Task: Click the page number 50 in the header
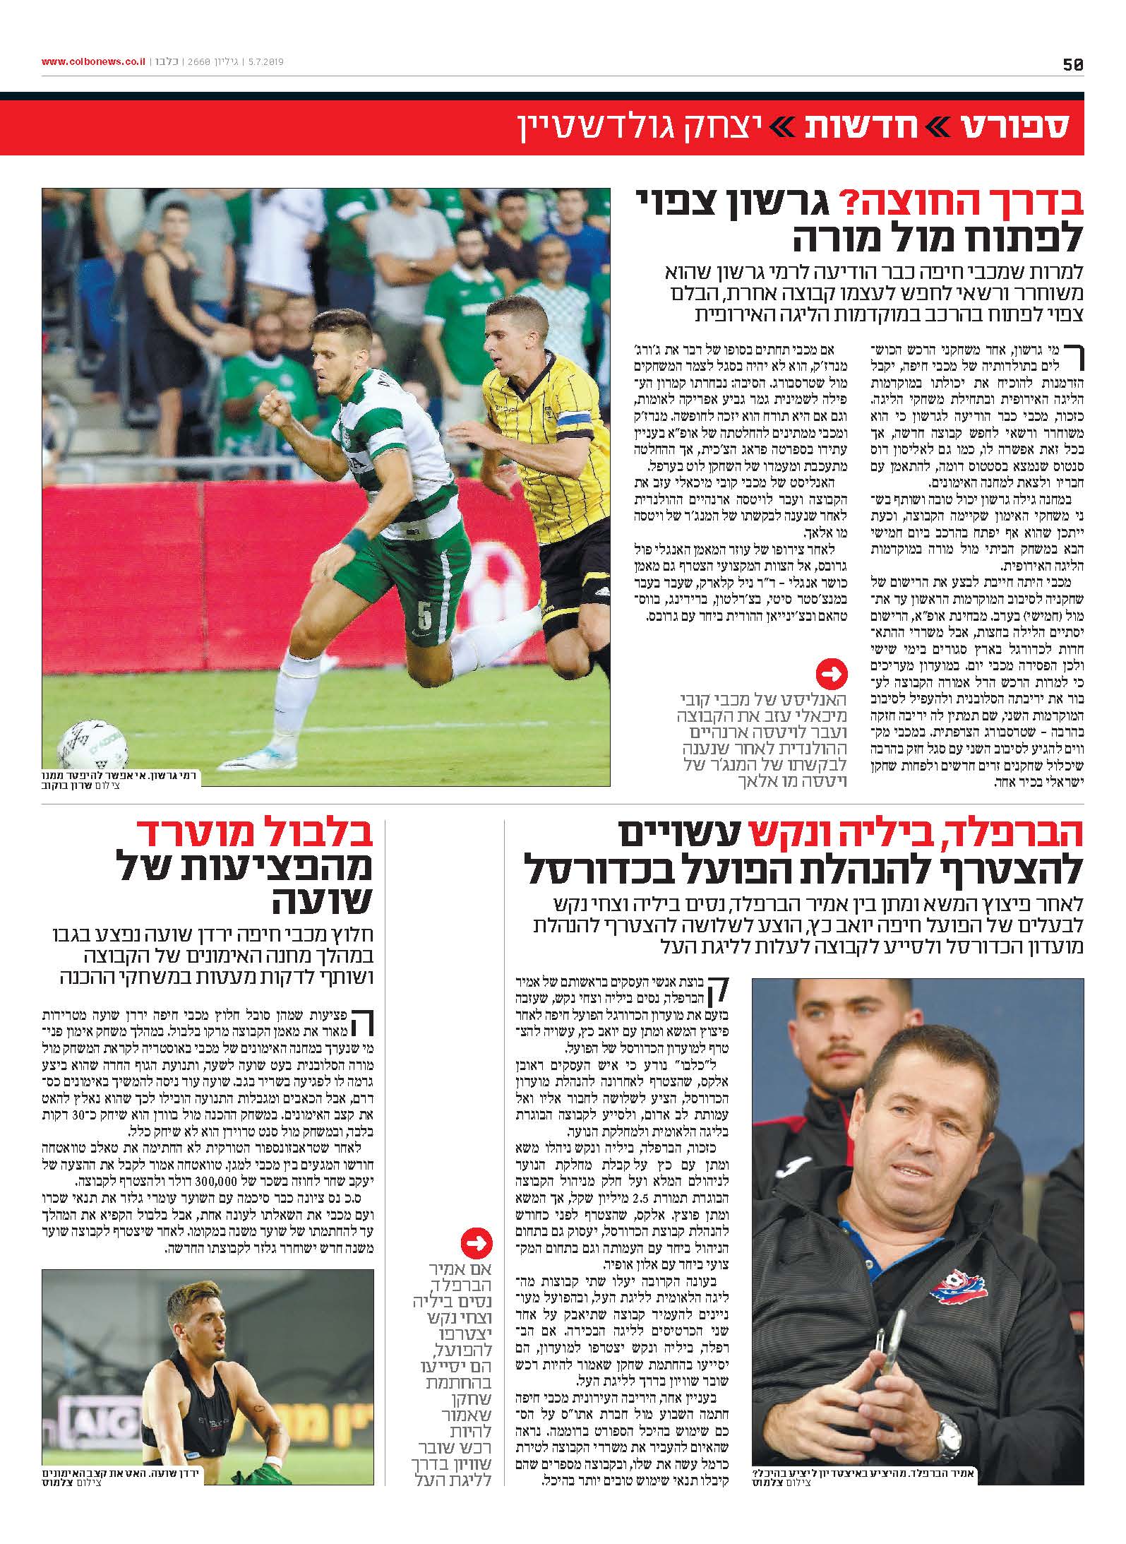[x=1073, y=64]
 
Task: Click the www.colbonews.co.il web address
[x=93, y=62]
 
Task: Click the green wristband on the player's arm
[x=356, y=541]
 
